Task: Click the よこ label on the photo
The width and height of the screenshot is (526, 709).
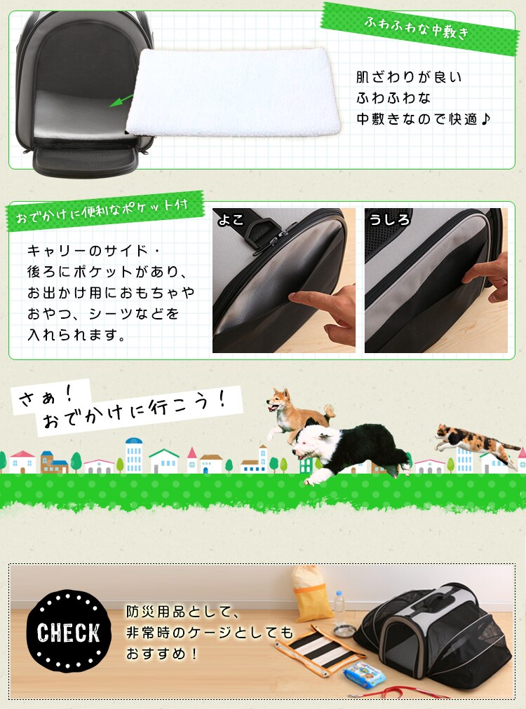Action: pyautogui.click(x=231, y=220)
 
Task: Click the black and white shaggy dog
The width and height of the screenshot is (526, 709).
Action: pyautogui.click(x=351, y=448)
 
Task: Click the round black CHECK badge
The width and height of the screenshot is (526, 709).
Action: pyautogui.click(x=68, y=631)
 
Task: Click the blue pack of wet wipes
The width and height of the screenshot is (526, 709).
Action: pyautogui.click(x=365, y=675)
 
